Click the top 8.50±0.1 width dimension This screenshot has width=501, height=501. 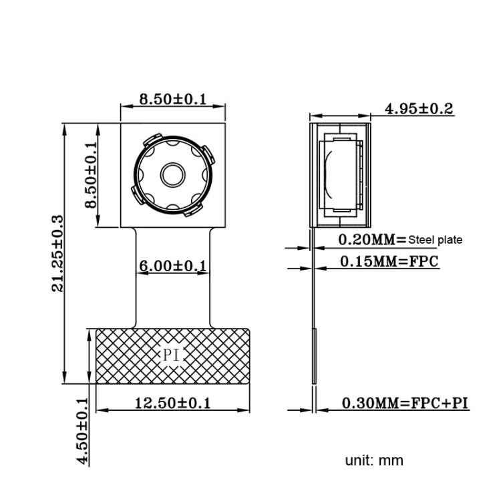[172, 99]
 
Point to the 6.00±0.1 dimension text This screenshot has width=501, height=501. [172, 266]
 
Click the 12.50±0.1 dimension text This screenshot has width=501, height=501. [172, 403]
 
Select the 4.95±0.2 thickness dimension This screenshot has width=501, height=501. [419, 108]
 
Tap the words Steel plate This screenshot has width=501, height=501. [435, 240]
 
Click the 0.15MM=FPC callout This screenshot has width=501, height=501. [389, 261]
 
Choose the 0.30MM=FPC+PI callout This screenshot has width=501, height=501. [405, 403]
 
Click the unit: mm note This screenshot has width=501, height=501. [374, 460]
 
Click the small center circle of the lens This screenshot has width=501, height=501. [173, 174]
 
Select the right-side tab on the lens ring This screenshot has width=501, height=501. [210, 159]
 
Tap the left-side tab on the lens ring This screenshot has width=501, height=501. [136, 194]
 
